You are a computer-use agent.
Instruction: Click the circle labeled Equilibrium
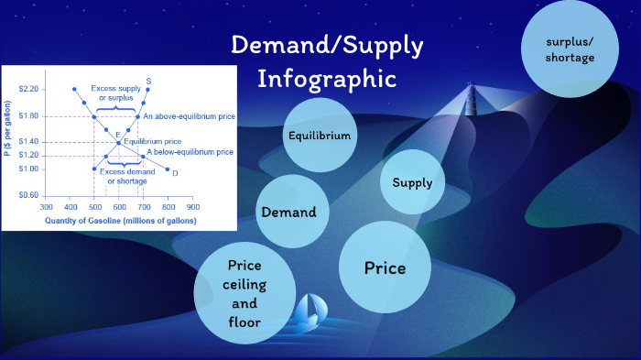tap(320, 136)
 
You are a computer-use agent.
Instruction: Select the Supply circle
tap(412, 182)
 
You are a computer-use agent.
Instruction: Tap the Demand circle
tap(288, 212)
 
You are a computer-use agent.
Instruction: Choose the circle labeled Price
tap(385, 267)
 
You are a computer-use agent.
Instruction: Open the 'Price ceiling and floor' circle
tap(244, 293)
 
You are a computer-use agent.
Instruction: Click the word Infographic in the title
tap(327, 78)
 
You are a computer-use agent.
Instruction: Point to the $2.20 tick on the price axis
tap(27, 89)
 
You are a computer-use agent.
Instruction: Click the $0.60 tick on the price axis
tap(27, 195)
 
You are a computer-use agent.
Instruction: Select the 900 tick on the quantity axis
tap(193, 207)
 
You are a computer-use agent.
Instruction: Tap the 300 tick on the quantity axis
tap(45, 207)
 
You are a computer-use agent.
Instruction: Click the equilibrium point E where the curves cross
tap(118, 142)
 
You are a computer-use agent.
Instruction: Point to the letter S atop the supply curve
tap(148, 82)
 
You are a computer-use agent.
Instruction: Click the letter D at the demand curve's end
tap(174, 172)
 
